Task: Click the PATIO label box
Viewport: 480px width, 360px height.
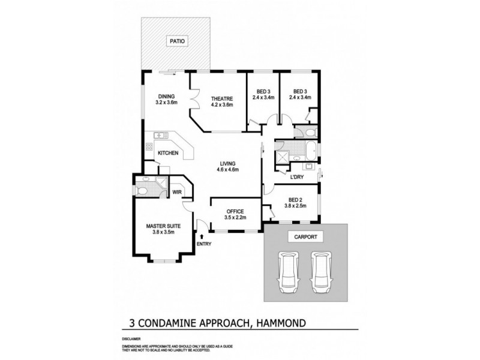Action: coord(178,41)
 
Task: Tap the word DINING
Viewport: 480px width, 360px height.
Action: coord(166,96)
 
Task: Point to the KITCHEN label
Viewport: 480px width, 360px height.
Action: coord(167,154)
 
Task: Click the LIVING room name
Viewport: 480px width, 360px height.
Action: coord(227,163)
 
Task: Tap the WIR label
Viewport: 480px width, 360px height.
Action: coord(177,192)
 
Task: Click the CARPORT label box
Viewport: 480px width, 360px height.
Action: coord(305,236)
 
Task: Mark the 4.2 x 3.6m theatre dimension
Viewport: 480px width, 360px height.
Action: coord(221,104)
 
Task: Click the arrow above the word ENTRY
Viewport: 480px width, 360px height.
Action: coord(202,237)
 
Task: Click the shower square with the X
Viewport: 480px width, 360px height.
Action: coord(280,157)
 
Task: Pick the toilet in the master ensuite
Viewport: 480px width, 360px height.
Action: coord(141,192)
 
